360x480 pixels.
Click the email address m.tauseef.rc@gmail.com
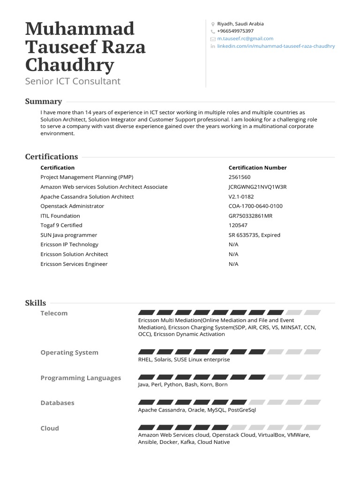(x=245, y=38)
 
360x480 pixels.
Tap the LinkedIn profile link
(x=276, y=46)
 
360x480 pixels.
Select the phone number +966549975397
(x=235, y=31)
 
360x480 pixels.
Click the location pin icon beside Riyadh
(x=213, y=24)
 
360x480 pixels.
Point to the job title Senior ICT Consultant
(x=73, y=81)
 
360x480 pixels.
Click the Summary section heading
(x=43, y=101)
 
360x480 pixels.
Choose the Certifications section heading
(x=52, y=157)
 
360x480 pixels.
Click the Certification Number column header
(x=257, y=167)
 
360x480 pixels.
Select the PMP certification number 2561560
(x=240, y=177)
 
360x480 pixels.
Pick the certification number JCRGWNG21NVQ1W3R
(x=257, y=187)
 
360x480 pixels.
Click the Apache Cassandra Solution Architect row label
(x=87, y=196)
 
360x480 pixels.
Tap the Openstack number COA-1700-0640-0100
(x=255, y=206)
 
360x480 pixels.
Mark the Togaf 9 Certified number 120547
(x=238, y=225)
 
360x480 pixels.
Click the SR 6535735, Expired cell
(x=254, y=235)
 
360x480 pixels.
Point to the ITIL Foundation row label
(x=60, y=216)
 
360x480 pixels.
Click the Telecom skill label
(x=54, y=313)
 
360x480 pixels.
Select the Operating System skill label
(x=69, y=352)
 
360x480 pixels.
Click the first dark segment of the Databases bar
(x=146, y=402)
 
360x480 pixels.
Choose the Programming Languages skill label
(x=81, y=378)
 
